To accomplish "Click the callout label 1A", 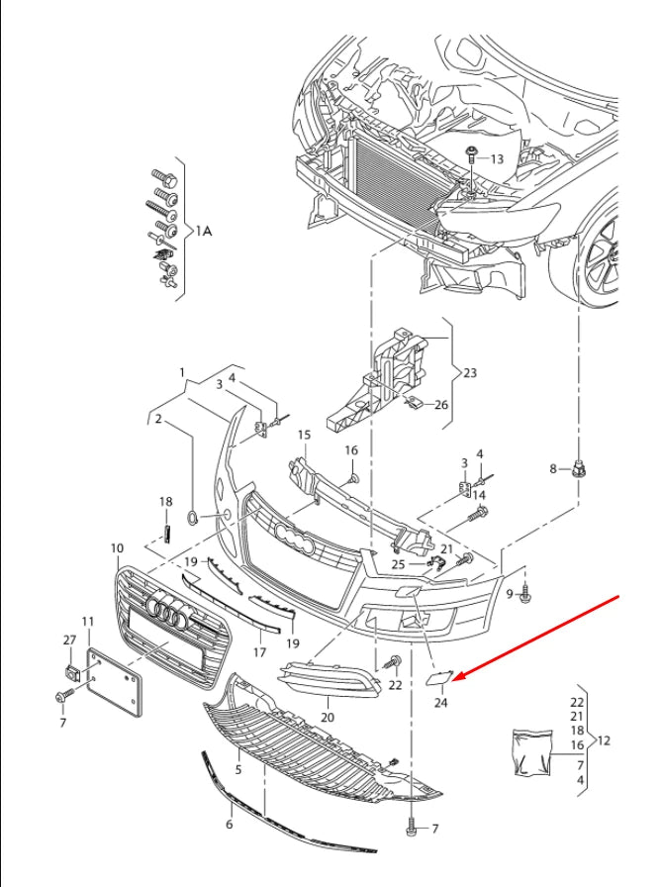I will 203,231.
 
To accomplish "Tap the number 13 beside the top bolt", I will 497,158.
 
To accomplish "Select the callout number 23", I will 469,373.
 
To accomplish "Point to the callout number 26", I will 441,404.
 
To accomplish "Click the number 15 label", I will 304,435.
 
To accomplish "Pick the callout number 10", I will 117,547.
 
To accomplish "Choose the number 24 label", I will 441,703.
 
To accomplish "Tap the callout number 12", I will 606,739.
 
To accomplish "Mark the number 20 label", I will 328,717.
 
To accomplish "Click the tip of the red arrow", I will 456,678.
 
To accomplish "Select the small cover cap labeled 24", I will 436,677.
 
